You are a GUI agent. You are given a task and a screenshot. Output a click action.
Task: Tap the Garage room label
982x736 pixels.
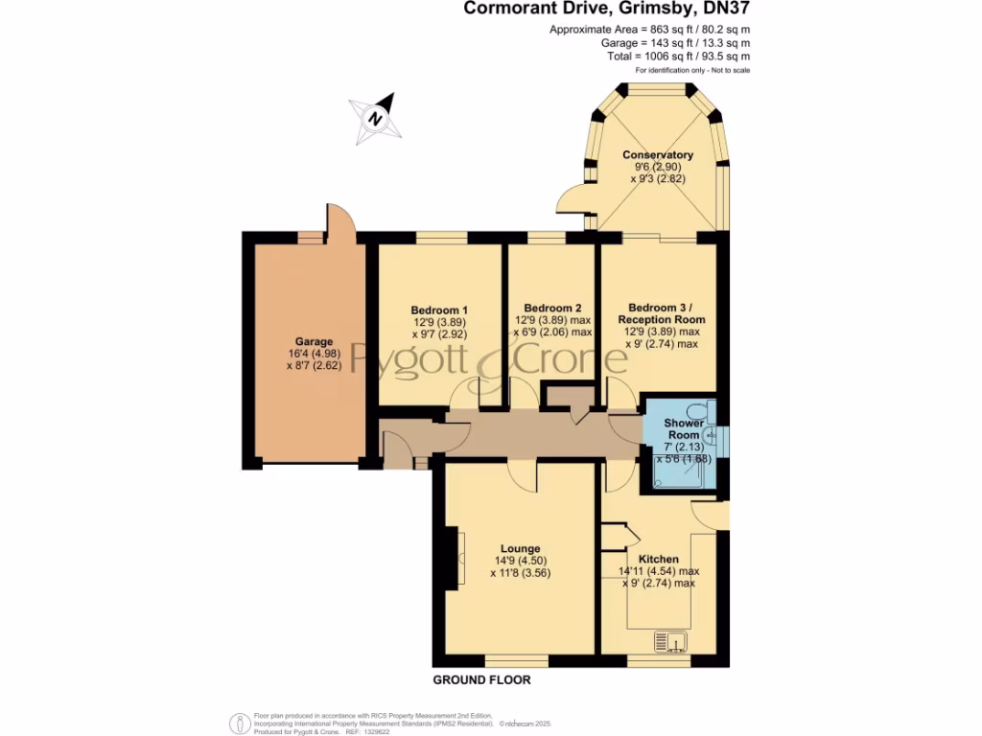[314, 341]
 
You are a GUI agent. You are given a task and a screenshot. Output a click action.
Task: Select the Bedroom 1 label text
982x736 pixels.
[439, 310]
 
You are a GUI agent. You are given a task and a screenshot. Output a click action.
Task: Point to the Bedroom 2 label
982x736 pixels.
[552, 308]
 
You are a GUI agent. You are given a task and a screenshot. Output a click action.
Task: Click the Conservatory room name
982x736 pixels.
[657, 155]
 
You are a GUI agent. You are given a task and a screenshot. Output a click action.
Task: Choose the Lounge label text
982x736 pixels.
[519, 549]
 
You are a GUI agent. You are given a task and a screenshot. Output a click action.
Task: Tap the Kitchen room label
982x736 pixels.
[658, 559]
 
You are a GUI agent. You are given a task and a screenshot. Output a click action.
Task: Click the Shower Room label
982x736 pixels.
[684, 428]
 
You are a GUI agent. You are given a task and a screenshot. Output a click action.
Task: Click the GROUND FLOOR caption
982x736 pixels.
[481, 679]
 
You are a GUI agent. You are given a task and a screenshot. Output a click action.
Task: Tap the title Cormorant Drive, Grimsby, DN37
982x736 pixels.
[607, 10]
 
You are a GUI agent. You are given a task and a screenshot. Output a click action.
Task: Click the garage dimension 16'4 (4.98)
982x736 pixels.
[314, 354]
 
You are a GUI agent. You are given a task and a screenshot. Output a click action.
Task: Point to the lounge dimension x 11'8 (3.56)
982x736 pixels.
[520, 573]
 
